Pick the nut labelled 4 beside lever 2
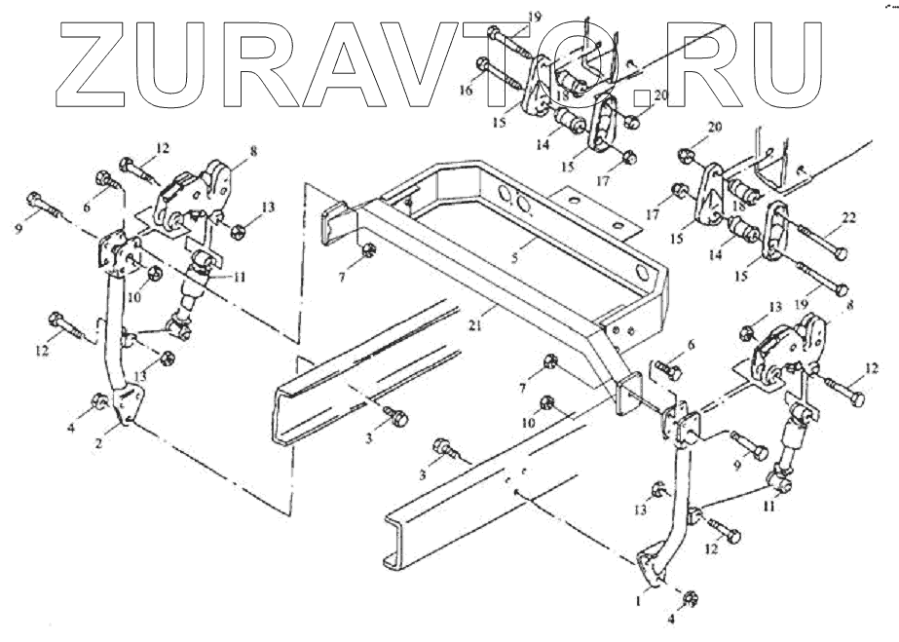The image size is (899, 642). pyautogui.click(x=100, y=402)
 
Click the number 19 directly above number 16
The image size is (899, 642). pyautogui.click(x=506, y=18)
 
